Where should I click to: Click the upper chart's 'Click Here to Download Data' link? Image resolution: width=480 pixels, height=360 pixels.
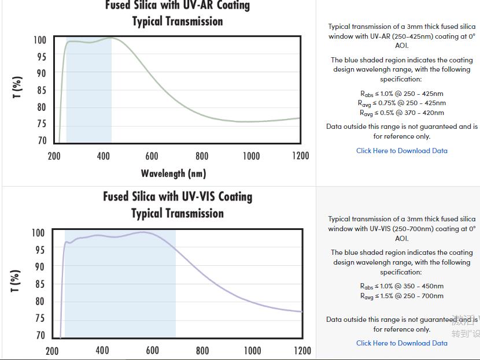pyautogui.click(x=401, y=151)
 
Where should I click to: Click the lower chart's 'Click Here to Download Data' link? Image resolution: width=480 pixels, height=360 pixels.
pyautogui.click(x=401, y=343)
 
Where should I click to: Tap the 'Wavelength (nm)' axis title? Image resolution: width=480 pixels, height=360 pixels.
pyautogui.click(x=173, y=173)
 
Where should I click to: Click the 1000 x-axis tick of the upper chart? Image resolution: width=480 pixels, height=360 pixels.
pyautogui.click(x=251, y=156)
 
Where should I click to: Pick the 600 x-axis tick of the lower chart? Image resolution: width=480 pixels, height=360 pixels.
pyautogui.click(x=152, y=350)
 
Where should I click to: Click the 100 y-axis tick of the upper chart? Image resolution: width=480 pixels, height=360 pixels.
pyautogui.click(x=39, y=40)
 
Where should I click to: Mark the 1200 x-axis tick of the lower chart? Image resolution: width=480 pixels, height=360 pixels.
pyautogui.click(x=302, y=350)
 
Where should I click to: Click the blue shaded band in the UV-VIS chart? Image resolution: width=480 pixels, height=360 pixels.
pyautogui.click(x=120, y=289)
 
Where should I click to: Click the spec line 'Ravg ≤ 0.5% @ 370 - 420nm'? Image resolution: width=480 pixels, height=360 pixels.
pyautogui.click(x=402, y=113)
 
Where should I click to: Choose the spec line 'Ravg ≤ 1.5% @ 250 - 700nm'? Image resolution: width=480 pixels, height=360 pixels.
pyautogui.click(x=401, y=296)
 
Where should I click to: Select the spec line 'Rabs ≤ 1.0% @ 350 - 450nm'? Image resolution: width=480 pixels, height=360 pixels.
pyautogui.click(x=401, y=286)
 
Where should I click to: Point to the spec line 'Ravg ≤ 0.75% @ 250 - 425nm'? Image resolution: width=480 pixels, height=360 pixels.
pyautogui.click(x=402, y=103)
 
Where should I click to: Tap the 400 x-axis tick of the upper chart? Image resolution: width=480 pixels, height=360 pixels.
pyautogui.click(x=103, y=156)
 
